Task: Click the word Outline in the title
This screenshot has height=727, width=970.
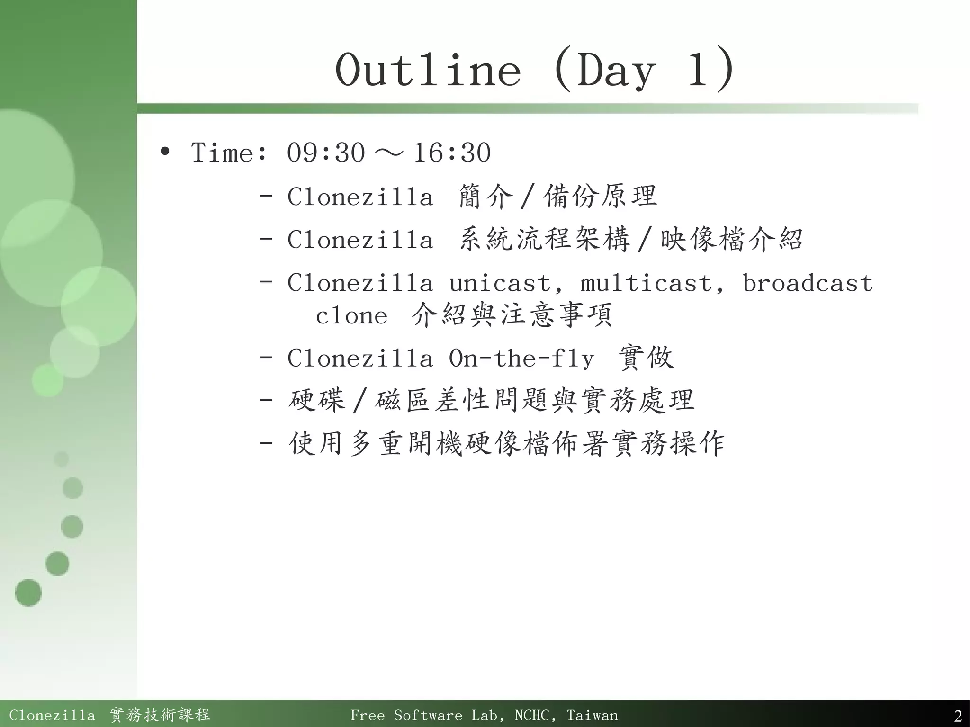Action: pyautogui.click(x=428, y=71)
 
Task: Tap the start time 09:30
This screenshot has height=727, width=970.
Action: pyautogui.click(x=326, y=153)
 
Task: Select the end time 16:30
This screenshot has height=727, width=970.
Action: pyautogui.click(x=452, y=153)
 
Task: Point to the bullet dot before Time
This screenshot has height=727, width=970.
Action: pyautogui.click(x=165, y=152)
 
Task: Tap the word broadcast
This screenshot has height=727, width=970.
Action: pyautogui.click(x=807, y=283)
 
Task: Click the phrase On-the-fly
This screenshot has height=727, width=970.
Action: pyautogui.click(x=521, y=359)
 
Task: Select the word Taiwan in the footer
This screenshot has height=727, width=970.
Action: pyautogui.click(x=592, y=715)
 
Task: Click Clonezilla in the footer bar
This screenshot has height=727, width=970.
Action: pyautogui.click(x=52, y=715)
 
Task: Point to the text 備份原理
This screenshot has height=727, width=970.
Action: pyautogui.click(x=600, y=197)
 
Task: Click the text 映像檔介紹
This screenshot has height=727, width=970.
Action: pyautogui.click(x=731, y=240)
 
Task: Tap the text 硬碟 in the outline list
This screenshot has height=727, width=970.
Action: pyautogui.click(x=317, y=401)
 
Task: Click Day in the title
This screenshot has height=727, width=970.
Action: pyautogui.click(x=616, y=71)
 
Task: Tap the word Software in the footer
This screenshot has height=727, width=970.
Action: pyautogui.click(x=428, y=715)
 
